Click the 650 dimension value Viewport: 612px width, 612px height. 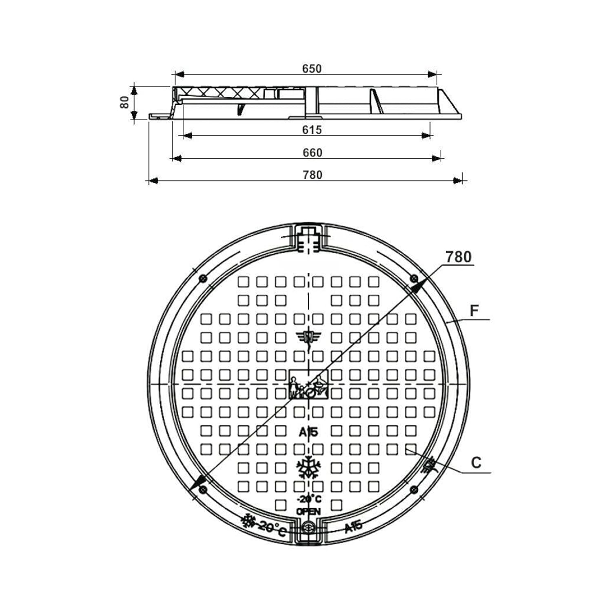312,69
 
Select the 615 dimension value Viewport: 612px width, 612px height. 312,130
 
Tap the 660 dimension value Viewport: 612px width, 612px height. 313,153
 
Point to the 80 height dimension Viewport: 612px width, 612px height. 125,102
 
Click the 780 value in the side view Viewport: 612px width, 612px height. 313,175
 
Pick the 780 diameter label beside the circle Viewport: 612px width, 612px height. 459,257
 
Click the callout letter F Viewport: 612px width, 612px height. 474,311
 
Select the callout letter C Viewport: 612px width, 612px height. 476,463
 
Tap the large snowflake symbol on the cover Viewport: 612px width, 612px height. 309,467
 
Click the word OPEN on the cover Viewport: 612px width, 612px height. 308,511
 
